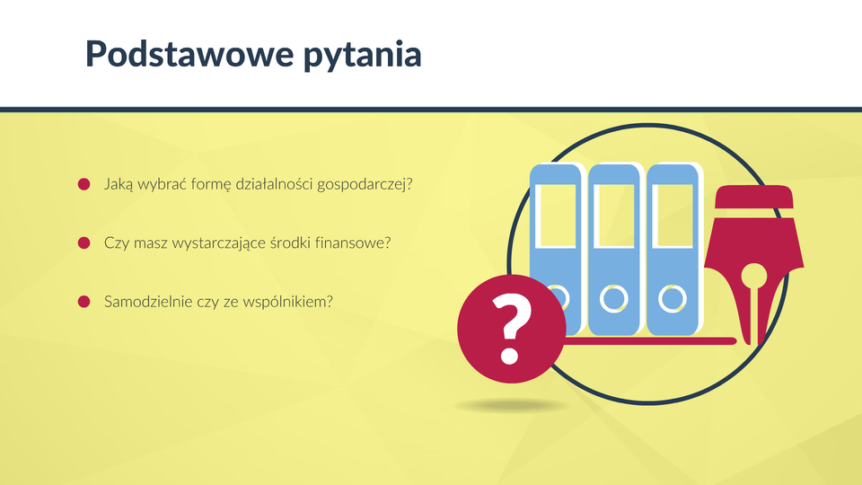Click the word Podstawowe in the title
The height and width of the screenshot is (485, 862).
[189, 54]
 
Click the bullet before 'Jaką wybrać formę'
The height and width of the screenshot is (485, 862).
[84, 184]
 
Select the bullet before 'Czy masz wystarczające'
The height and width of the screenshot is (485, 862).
[84, 243]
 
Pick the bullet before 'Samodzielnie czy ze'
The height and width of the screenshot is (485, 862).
[84, 302]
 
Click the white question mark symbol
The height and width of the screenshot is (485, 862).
[512, 329]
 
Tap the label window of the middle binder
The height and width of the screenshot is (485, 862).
[613, 216]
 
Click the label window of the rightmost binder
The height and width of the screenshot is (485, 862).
[672, 216]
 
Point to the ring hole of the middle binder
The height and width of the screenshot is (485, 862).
[613, 298]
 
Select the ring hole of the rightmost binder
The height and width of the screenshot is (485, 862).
[672, 298]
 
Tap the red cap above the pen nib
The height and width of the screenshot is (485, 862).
[754, 197]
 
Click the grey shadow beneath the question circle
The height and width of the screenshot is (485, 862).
[511, 406]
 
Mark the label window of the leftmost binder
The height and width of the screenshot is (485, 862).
[555, 216]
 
